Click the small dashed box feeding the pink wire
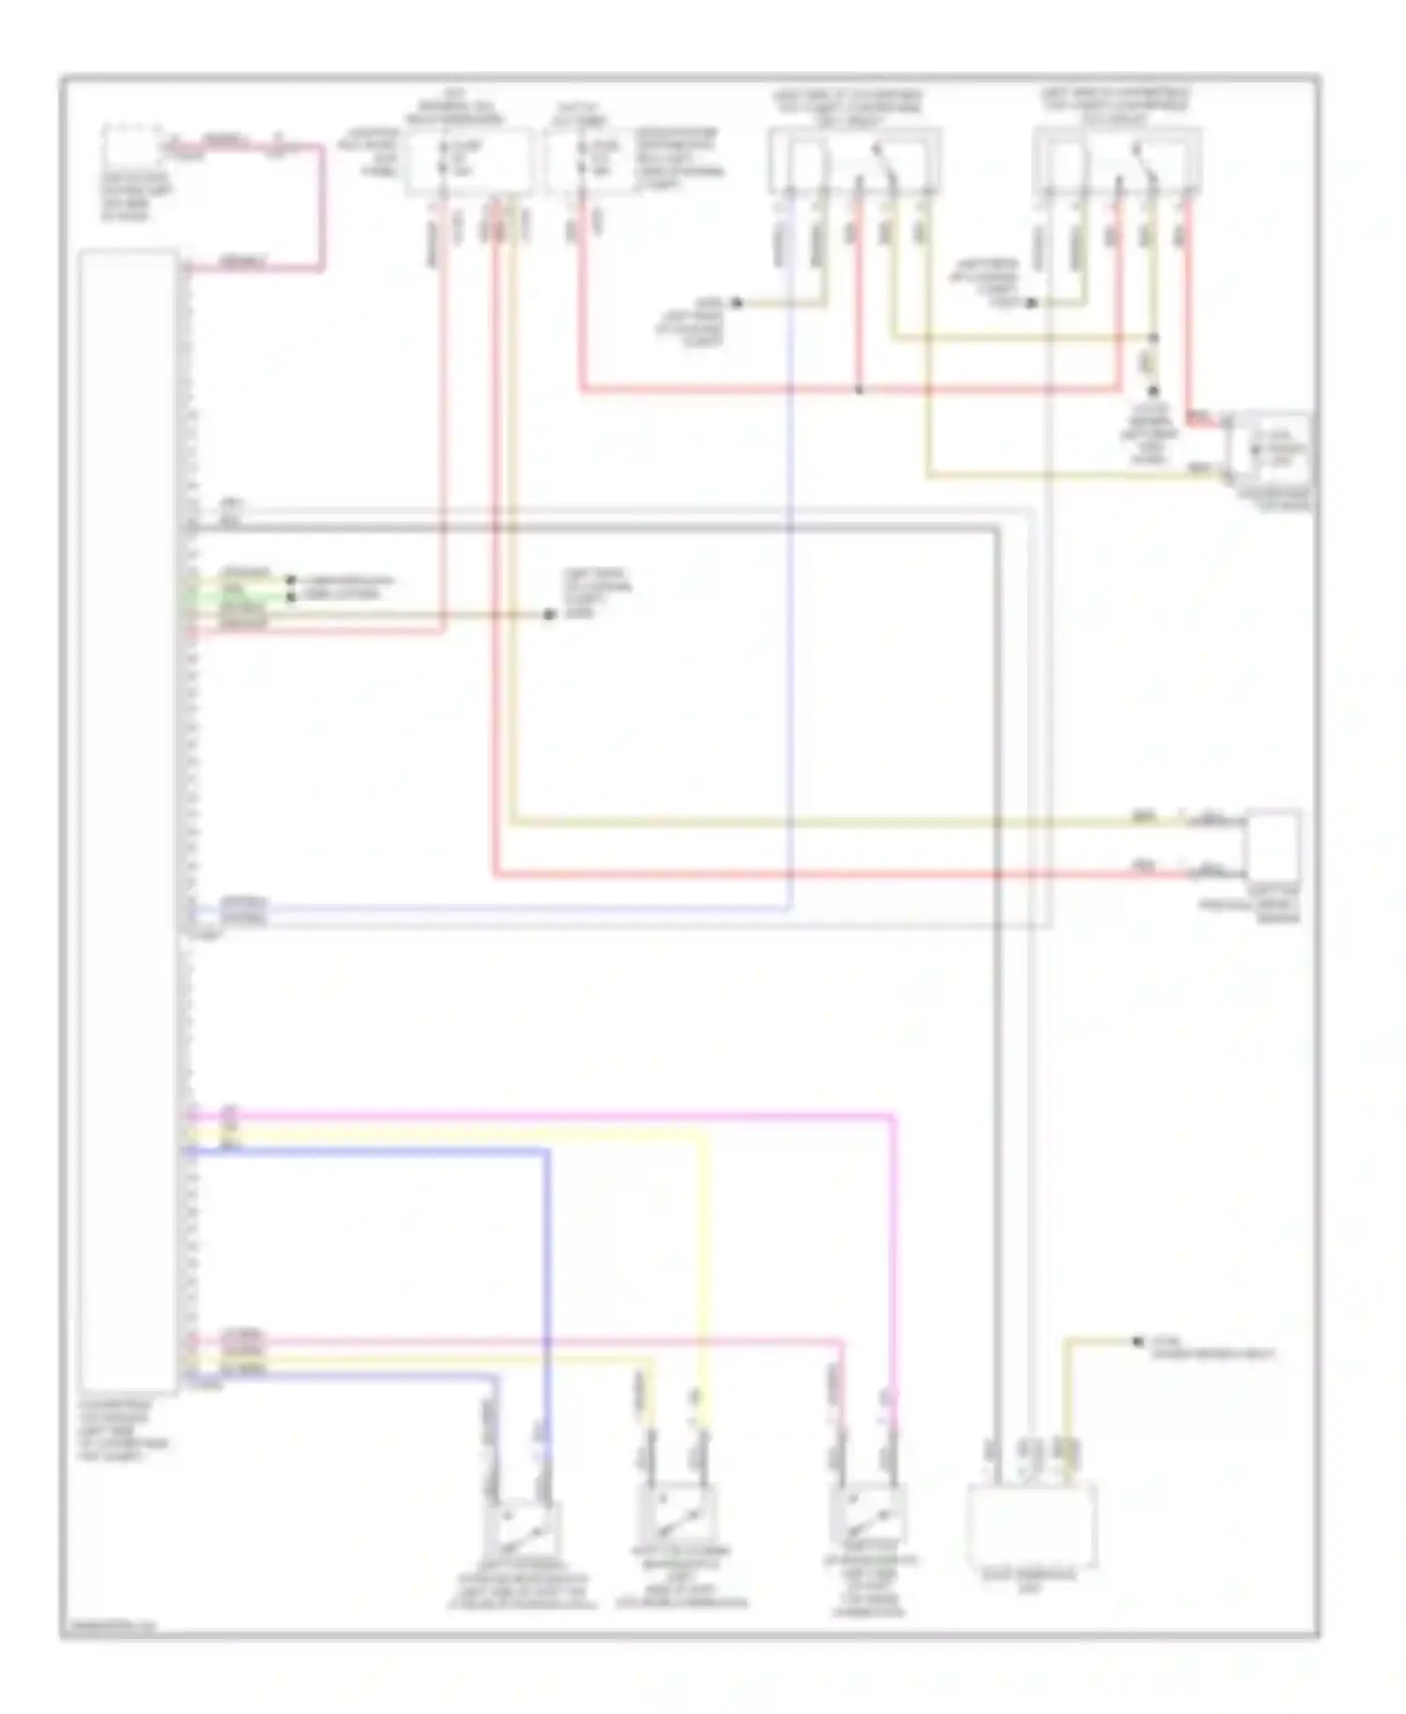[131, 147]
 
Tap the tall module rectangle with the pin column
[128, 820]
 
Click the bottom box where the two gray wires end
[1031, 1524]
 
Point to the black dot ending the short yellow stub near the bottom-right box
[1138, 1343]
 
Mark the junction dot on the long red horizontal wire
[859, 389]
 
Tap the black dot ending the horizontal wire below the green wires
[550, 614]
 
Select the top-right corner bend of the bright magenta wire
[893, 1116]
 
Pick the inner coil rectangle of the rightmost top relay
[1066, 164]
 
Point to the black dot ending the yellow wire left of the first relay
[737, 303]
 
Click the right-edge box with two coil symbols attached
[1273, 847]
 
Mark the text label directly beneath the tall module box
[122, 1430]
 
